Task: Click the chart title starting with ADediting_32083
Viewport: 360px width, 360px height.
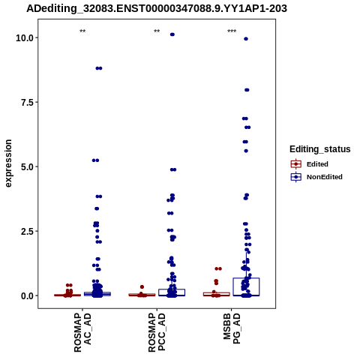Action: (157, 8)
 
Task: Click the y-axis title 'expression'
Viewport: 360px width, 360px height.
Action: (8, 163)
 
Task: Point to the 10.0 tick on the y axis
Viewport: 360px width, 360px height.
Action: (25, 37)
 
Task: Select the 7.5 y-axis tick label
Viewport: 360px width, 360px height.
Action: (27, 102)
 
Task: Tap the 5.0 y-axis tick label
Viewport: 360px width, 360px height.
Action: (27, 166)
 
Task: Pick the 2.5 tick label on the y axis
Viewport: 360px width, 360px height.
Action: (27, 231)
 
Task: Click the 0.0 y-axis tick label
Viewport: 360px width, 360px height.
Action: (27, 295)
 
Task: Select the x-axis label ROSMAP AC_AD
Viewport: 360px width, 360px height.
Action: (82, 333)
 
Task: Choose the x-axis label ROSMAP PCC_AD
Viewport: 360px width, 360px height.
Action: (157, 333)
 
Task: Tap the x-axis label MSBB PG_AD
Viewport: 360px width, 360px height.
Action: (232, 328)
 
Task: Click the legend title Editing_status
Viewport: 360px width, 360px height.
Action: (320, 149)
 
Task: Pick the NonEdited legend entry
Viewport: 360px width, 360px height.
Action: (316, 177)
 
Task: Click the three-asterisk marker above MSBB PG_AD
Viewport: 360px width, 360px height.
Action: (232, 31)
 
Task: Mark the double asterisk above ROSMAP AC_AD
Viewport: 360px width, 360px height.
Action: (82, 31)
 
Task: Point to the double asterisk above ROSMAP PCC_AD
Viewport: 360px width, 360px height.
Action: (157, 31)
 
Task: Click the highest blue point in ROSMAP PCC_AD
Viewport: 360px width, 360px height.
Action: (172, 34)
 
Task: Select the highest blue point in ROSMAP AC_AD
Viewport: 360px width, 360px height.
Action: (99, 68)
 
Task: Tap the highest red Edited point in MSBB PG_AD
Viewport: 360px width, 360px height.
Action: (218, 268)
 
